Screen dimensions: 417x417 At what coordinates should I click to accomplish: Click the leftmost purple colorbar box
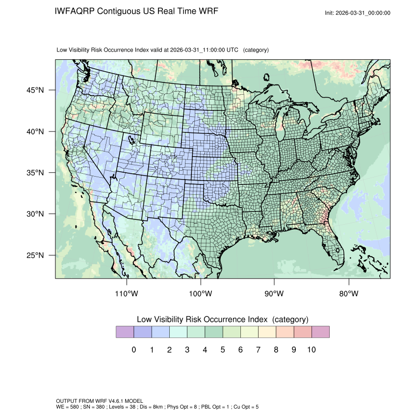pos(125,332)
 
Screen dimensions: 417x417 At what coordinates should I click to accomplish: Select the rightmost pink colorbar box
pos(320,332)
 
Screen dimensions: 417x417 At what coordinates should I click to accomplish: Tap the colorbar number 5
pos(223,350)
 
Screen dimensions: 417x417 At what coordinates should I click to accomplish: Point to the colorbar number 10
pos(312,350)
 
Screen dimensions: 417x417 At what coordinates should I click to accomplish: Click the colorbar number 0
pos(133,350)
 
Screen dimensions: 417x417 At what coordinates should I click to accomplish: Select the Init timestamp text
pos(358,13)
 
